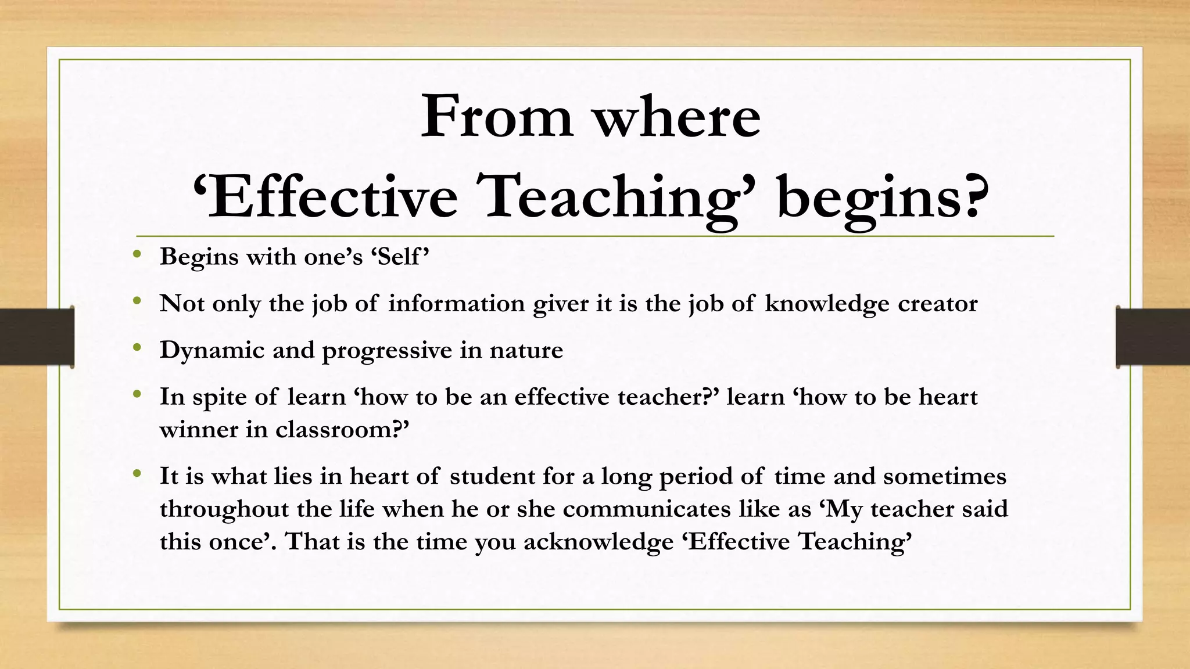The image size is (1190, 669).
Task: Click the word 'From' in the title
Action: (x=497, y=117)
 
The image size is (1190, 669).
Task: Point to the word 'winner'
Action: (x=198, y=430)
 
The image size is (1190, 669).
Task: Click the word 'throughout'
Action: (x=224, y=509)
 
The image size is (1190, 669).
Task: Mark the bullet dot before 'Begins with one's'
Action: (x=137, y=254)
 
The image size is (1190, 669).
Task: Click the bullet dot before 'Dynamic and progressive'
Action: (x=137, y=347)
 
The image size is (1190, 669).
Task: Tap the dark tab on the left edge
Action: (x=37, y=336)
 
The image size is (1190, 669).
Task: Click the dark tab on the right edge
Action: (x=1153, y=336)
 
